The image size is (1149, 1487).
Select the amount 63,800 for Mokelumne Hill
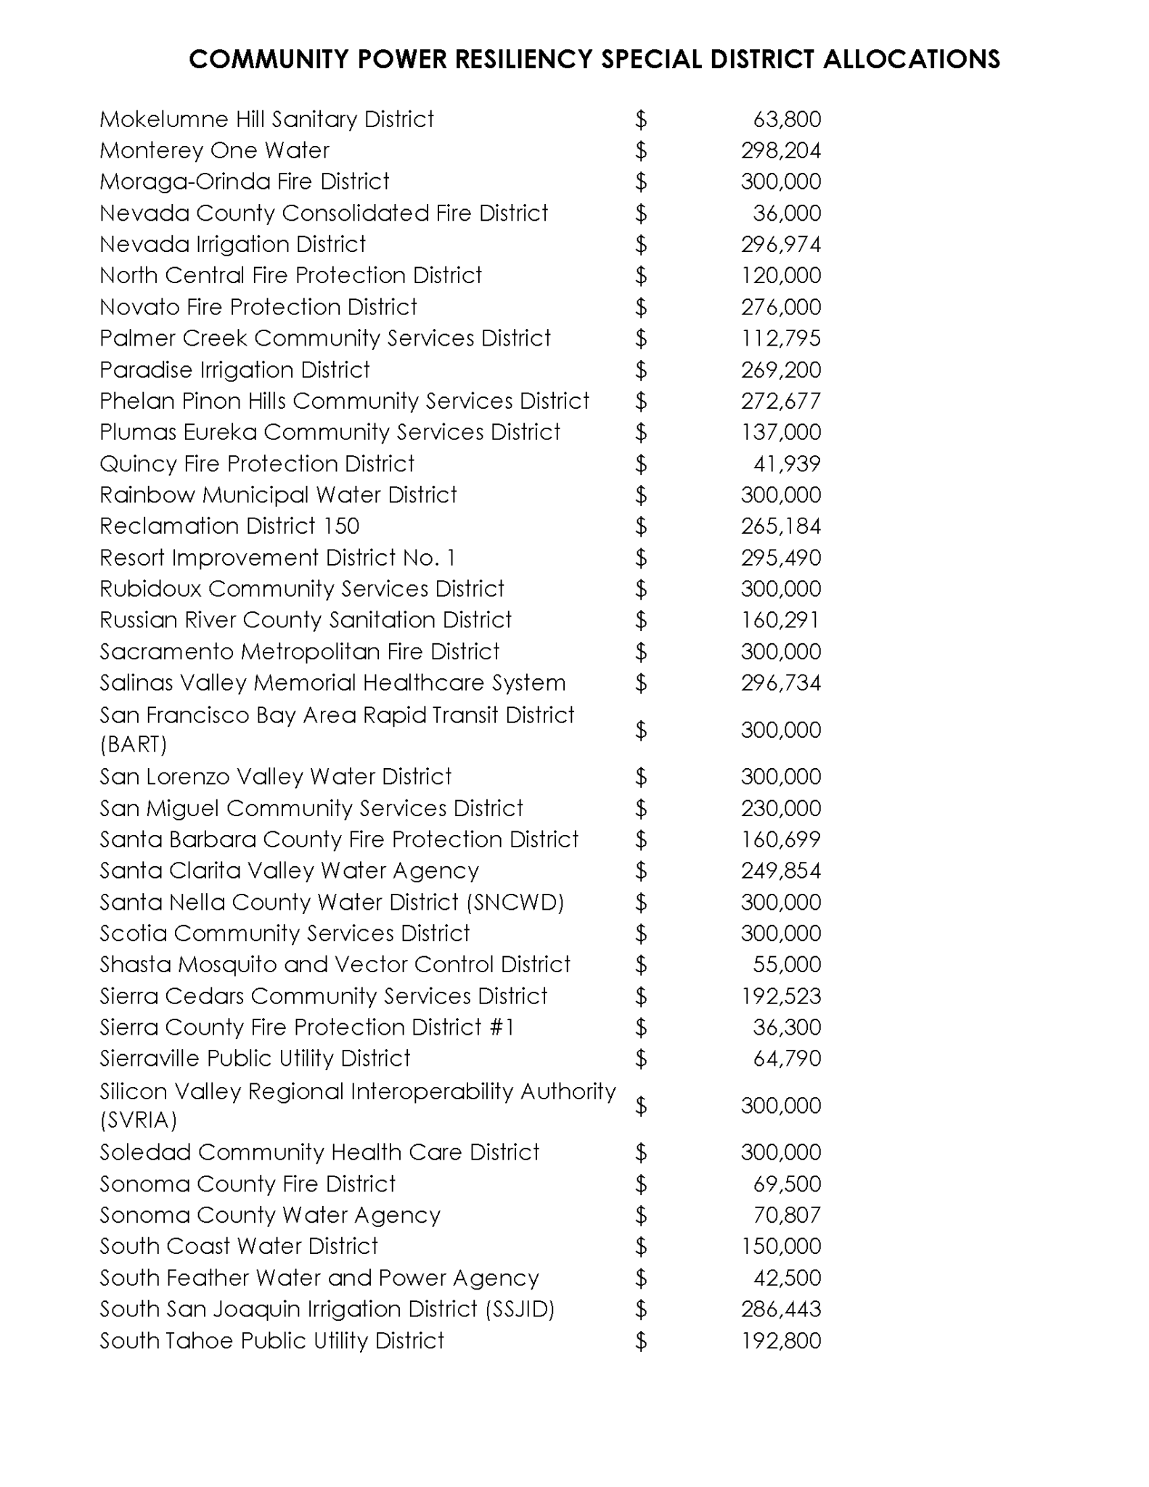tap(787, 119)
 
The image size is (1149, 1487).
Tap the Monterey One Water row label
tap(214, 150)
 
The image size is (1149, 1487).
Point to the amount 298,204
tap(780, 150)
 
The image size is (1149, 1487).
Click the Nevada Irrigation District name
tap(232, 244)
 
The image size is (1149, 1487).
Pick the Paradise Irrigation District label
tap(234, 370)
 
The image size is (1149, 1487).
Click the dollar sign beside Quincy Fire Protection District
tap(640, 464)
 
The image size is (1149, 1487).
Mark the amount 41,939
tap(787, 464)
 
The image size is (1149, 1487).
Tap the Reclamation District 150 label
tap(229, 526)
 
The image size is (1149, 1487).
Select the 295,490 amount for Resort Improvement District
tap(780, 558)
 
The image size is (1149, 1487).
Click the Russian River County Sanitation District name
tap(305, 620)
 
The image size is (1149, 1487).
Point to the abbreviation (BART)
tap(134, 744)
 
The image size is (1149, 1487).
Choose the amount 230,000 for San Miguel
tap(780, 808)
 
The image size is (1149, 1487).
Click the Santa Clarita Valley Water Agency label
tap(289, 871)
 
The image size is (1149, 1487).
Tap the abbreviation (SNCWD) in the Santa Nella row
tap(516, 902)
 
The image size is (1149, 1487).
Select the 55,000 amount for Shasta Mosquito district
tap(787, 964)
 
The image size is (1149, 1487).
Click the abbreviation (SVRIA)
tap(138, 1120)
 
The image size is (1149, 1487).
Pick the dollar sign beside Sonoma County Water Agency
tap(640, 1215)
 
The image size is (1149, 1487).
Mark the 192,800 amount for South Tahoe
tap(780, 1340)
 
